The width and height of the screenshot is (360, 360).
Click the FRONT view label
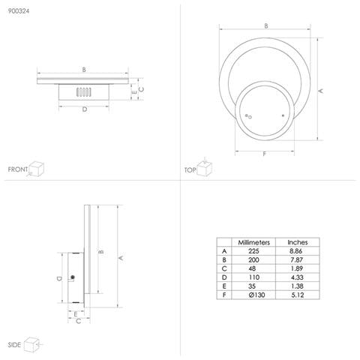(18, 170)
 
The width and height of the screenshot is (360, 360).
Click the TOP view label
(190, 170)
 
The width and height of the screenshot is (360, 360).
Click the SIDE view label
(14, 345)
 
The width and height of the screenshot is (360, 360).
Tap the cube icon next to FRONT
(39, 169)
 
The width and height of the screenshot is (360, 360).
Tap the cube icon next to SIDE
(32, 343)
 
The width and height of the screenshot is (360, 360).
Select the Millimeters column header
(253, 242)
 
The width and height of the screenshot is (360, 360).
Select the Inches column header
(298, 242)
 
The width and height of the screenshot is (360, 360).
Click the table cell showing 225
(253, 251)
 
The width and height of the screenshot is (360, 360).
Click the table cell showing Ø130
(253, 295)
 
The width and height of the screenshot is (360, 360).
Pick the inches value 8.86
(298, 251)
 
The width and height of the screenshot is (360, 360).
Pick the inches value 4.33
(298, 277)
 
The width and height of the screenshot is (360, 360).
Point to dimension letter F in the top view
(265, 154)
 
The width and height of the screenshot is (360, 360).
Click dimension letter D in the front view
(84, 109)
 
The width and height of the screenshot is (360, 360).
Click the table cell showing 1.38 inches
(298, 286)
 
